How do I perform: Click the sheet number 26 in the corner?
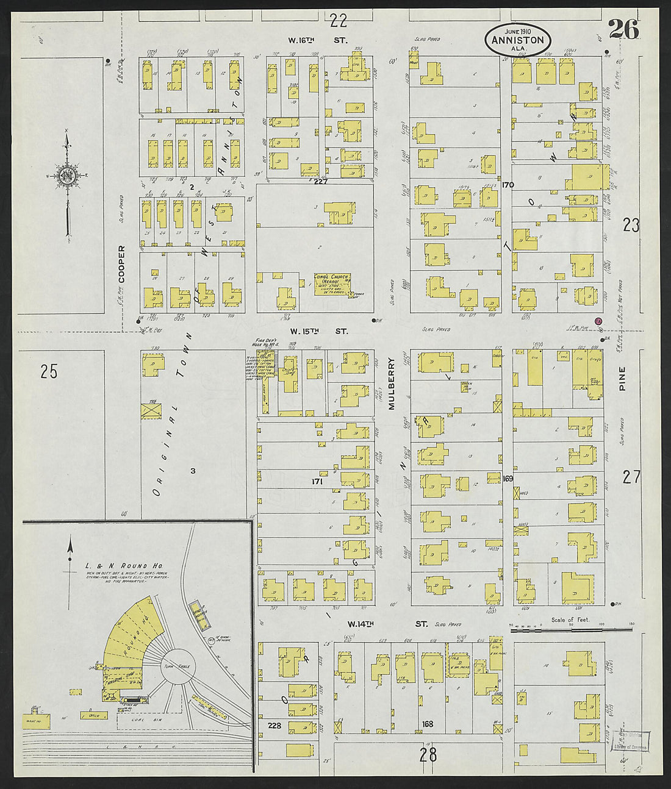[622, 28]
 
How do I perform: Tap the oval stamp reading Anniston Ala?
[518, 41]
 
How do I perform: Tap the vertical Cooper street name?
[121, 264]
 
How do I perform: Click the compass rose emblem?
[66, 176]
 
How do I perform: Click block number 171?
[317, 482]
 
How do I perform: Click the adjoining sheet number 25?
[49, 370]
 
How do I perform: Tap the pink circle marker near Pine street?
[598, 321]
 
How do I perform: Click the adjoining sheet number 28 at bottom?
[428, 754]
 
